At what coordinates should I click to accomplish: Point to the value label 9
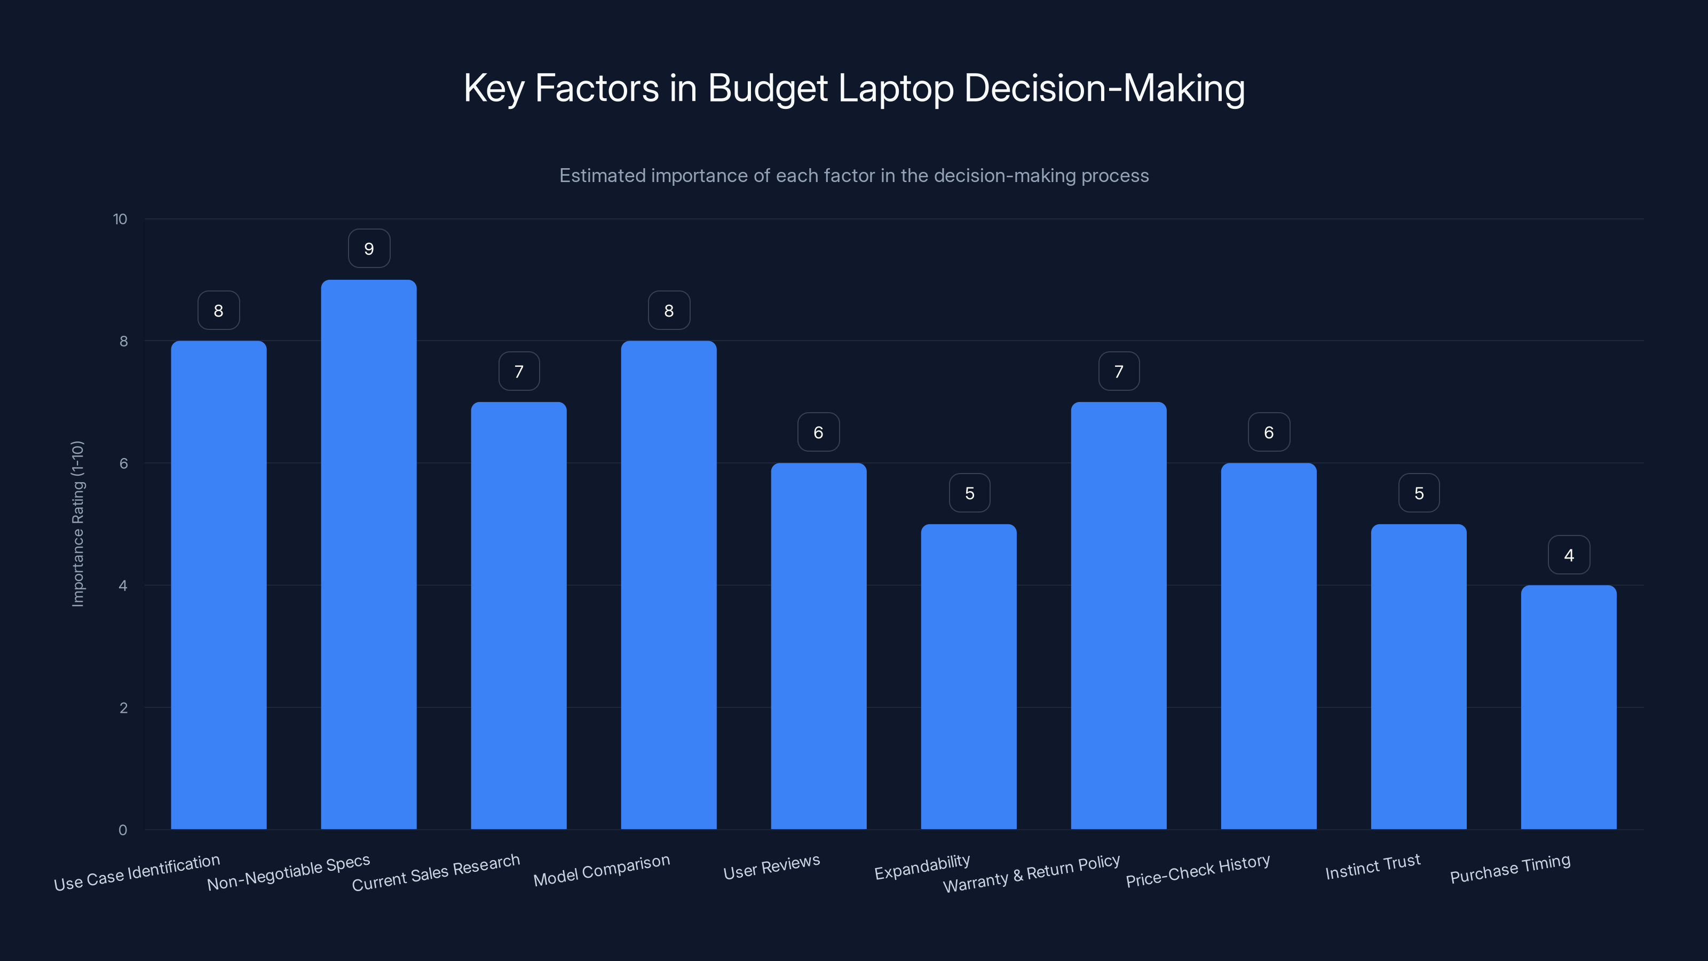369,249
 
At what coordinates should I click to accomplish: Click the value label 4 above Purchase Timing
1569,555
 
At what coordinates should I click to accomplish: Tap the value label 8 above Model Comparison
669,310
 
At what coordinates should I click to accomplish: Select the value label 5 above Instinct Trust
1419,493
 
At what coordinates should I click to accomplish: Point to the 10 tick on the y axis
120,219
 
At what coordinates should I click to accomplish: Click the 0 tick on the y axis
123,830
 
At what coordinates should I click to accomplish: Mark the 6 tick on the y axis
123,463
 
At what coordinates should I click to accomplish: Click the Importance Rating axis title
77,523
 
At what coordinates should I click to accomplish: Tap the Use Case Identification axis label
137,873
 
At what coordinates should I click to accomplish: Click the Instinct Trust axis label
1372,867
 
